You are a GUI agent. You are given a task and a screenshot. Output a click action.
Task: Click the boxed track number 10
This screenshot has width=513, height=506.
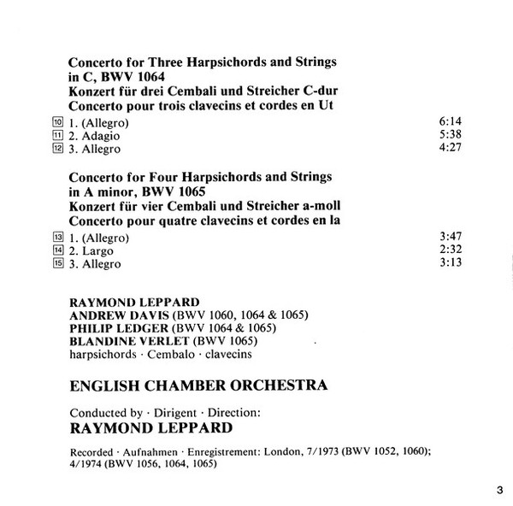click(x=58, y=122)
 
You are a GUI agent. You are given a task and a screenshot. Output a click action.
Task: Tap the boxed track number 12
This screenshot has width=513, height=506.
click(x=58, y=150)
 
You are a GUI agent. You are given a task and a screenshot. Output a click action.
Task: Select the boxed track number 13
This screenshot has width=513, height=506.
click(x=58, y=237)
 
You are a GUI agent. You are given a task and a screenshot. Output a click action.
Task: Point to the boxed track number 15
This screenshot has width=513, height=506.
click(x=58, y=264)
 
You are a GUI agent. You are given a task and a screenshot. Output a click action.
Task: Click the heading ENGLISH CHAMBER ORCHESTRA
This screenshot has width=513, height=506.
click(x=198, y=385)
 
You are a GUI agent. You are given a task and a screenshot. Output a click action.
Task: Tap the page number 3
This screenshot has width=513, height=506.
click(x=498, y=490)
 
